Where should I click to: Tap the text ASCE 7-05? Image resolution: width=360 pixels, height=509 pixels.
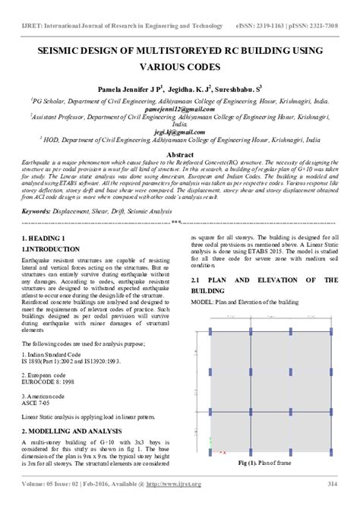click(38, 403)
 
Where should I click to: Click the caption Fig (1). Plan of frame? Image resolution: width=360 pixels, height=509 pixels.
click(262, 463)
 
